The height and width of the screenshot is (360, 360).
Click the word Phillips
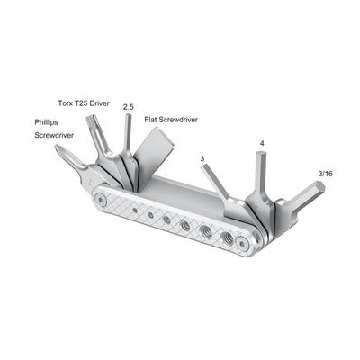pos(51,121)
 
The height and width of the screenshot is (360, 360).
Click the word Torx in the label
pos(66,103)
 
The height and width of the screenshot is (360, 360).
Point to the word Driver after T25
pos(96,103)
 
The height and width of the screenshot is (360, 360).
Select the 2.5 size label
pos(129,106)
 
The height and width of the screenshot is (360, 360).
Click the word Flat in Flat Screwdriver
pos(151,119)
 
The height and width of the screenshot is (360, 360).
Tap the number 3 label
pos(202,158)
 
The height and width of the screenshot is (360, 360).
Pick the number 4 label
pos(262,142)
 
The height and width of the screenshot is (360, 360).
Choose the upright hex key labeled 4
pos(262,175)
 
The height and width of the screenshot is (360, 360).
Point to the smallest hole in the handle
pos(134,211)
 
